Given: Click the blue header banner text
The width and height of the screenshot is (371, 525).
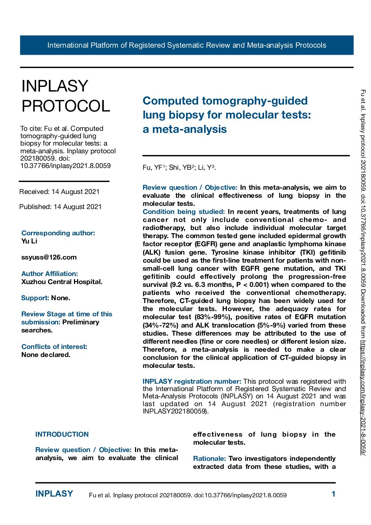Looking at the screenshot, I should tap(187, 45).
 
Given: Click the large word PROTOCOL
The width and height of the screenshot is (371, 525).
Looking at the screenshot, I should tap(66, 106).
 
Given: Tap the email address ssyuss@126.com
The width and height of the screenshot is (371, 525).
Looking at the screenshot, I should tap(49, 257).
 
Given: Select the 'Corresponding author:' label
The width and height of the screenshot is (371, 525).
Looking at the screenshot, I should tap(58, 233).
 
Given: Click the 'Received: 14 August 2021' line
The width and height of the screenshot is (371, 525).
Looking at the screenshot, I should tap(59, 192).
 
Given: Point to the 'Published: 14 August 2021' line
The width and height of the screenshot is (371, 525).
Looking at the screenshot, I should tap(60, 207).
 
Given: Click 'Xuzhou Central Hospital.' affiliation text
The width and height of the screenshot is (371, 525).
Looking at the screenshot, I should tap(62, 282).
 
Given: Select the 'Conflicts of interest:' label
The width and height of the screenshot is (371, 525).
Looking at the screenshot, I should tap(54, 347).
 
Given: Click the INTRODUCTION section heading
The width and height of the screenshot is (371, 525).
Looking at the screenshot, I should tap(62, 435).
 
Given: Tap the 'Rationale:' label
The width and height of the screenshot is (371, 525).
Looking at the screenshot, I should tap(209, 459).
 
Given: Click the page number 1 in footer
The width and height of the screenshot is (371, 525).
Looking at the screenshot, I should tap(333, 494).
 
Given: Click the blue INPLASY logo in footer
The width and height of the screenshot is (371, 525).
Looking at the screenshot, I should tap(54, 494).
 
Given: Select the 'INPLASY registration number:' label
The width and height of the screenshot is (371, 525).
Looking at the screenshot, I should tap(192, 382).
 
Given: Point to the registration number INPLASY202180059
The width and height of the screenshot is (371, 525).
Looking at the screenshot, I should tap(175, 411).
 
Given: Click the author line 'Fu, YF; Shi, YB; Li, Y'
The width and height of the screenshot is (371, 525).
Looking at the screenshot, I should tap(179, 168).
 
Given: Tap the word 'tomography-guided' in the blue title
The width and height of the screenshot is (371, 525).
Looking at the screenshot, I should tap(255, 101).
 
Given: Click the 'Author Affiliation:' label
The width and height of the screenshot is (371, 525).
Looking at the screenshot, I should tap(49, 274).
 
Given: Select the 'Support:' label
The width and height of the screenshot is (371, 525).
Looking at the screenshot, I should tap(35, 298).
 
